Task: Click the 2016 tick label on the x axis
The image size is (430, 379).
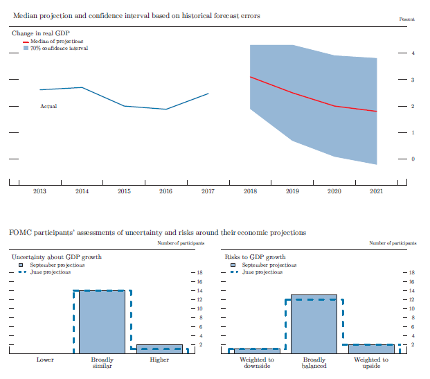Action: pyautogui.click(x=166, y=191)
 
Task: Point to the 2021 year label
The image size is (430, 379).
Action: pyautogui.click(x=376, y=191)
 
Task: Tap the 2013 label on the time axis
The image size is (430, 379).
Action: pyautogui.click(x=39, y=191)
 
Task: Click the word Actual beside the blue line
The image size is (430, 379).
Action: pyautogui.click(x=48, y=106)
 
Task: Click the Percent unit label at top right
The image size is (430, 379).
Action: pyautogui.click(x=407, y=19)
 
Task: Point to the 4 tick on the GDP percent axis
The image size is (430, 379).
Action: pyautogui.click(x=413, y=53)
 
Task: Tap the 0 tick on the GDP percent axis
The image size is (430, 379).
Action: pyautogui.click(x=413, y=159)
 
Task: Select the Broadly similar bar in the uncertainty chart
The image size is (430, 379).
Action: pyautogui.click(x=102, y=322)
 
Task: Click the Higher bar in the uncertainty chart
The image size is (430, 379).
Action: pyautogui.click(x=159, y=349)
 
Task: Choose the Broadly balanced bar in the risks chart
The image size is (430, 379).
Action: pyautogui.click(x=314, y=324)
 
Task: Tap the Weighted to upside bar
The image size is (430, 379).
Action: pyautogui.click(x=370, y=349)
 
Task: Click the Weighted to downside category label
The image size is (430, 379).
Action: pyautogui.click(x=257, y=362)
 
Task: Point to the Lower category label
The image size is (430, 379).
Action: pyautogui.click(x=45, y=360)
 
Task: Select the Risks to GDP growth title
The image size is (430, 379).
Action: pyautogui.click(x=255, y=257)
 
